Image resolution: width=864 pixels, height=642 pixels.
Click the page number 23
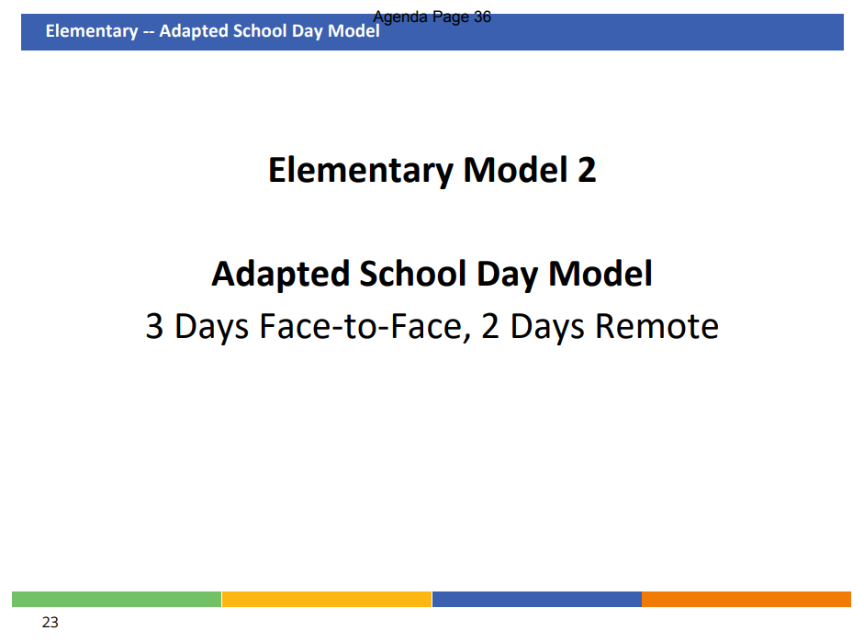click(x=50, y=622)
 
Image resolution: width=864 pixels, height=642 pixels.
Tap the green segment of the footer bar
click(x=117, y=599)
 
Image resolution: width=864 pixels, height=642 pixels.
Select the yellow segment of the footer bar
click(x=327, y=599)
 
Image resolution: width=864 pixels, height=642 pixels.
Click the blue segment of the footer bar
click(x=537, y=599)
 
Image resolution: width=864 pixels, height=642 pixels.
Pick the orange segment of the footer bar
click(x=746, y=599)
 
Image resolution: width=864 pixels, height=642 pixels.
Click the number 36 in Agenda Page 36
click(x=482, y=17)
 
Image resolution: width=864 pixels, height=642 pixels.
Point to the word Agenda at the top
click(x=400, y=17)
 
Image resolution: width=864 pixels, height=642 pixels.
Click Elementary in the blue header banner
click(x=92, y=31)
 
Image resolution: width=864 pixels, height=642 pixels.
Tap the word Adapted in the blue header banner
click(x=194, y=31)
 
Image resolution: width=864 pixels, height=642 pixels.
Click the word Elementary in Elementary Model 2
click(x=361, y=170)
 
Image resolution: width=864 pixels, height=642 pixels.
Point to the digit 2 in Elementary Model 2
click(x=587, y=170)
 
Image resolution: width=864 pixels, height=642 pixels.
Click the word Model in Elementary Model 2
click(x=515, y=169)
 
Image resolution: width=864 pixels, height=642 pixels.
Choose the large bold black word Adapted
click(x=280, y=275)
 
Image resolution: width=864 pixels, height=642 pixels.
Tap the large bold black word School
click(x=413, y=274)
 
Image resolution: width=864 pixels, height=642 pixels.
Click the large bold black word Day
click(x=507, y=275)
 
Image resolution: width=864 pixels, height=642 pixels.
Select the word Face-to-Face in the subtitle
click(x=365, y=326)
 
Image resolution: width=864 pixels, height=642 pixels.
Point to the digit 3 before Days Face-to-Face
click(x=154, y=326)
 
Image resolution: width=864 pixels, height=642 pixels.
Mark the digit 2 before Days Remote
click(x=490, y=326)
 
